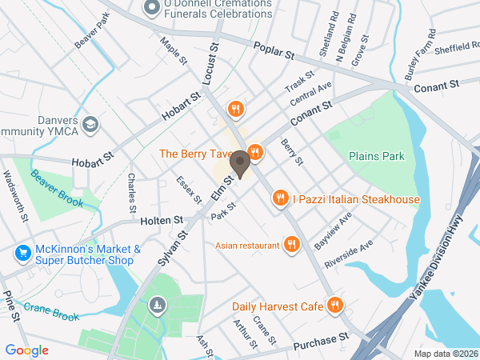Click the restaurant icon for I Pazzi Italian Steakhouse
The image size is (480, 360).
[x=280, y=198]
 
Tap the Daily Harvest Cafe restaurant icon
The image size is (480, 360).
[x=336, y=306]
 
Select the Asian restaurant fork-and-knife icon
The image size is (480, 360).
[x=293, y=244]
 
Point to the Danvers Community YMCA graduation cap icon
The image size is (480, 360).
[x=90, y=124]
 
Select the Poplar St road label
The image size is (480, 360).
[x=274, y=51]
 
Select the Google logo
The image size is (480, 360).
[x=26, y=350]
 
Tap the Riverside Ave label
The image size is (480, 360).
[x=349, y=254]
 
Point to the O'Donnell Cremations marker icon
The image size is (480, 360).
[x=150, y=8]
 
